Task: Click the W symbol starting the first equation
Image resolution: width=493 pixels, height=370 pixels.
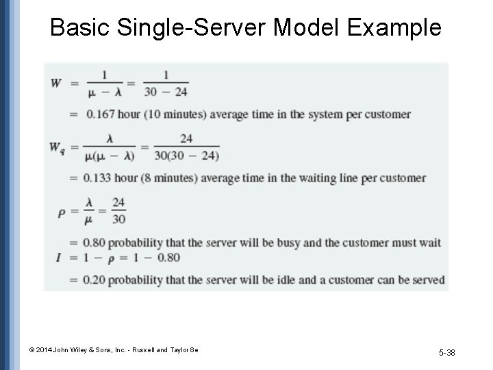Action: (56, 83)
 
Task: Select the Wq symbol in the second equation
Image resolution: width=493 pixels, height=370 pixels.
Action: (58, 147)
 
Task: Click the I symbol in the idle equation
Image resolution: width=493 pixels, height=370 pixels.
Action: (60, 258)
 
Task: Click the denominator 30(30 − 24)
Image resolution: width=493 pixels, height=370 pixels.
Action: (186, 156)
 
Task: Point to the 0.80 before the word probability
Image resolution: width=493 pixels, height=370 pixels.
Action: (95, 243)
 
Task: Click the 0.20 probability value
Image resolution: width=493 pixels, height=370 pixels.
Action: (95, 280)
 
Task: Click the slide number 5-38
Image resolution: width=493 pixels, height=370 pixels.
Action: (447, 352)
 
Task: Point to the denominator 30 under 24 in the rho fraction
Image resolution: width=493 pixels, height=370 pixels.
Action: (119, 219)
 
